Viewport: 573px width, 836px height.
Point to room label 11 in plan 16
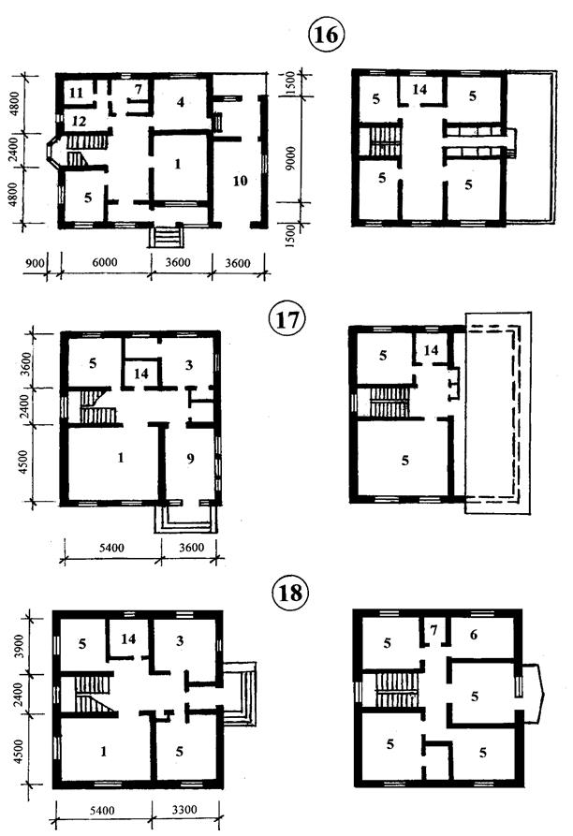[75, 93]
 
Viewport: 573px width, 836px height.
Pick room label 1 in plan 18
[102, 751]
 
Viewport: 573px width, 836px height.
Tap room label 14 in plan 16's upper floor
[419, 91]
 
